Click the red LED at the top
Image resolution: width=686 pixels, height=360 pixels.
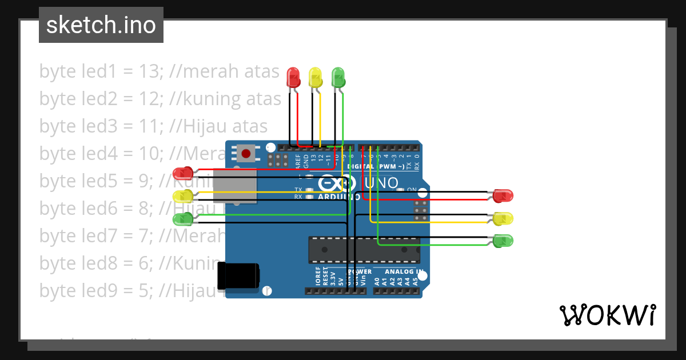point(293,77)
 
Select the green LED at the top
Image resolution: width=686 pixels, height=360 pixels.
point(338,77)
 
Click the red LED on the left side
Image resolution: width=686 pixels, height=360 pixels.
point(183,173)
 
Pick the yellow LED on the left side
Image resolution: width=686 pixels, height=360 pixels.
point(183,196)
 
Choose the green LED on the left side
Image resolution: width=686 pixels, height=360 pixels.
point(183,218)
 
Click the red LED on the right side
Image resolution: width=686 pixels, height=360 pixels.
point(503,195)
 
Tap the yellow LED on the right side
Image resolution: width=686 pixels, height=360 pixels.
point(503,218)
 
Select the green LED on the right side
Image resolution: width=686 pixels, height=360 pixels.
point(503,240)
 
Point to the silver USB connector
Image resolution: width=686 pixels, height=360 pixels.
point(234,186)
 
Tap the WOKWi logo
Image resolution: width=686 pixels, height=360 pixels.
point(607,315)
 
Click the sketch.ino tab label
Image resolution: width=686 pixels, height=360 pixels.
point(101,25)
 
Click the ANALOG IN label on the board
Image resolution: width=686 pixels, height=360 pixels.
point(404,272)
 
